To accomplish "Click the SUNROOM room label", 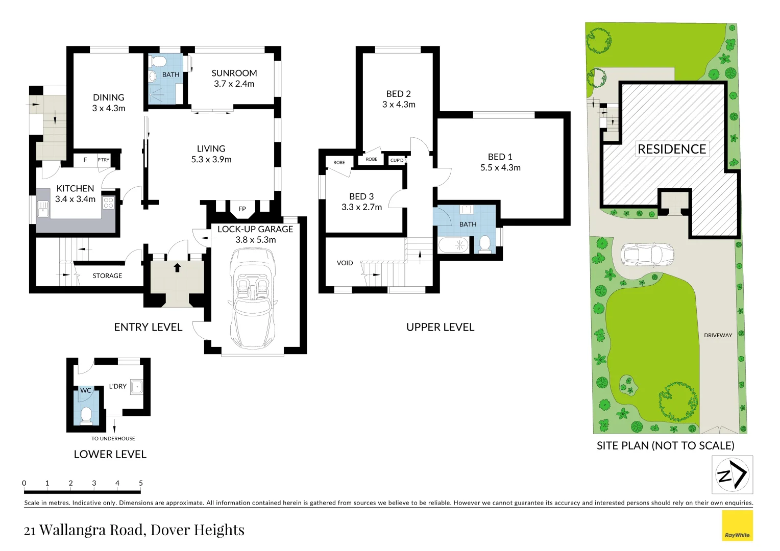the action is [234, 73].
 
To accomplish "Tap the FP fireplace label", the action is [242, 209].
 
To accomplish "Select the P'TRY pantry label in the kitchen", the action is [104, 160].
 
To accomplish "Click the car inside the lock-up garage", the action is [253, 298].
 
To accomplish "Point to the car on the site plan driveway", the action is [647, 255].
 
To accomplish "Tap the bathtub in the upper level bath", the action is [453, 245].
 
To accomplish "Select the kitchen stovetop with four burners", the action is [108, 203].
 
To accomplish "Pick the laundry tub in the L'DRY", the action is [136, 387].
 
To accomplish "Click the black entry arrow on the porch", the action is [177, 268].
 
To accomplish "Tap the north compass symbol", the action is [732, 474].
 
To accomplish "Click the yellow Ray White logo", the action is [737, 525].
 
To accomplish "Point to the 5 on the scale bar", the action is [141, 483].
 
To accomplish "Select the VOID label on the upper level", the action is [345, 263].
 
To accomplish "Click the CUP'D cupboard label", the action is [397, 160].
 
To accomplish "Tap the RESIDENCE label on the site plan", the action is [672, 149].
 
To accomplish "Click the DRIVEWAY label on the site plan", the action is [718, 335].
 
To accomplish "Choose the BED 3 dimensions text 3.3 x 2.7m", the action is [361, 207].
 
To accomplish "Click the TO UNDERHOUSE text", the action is [113, 438].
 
